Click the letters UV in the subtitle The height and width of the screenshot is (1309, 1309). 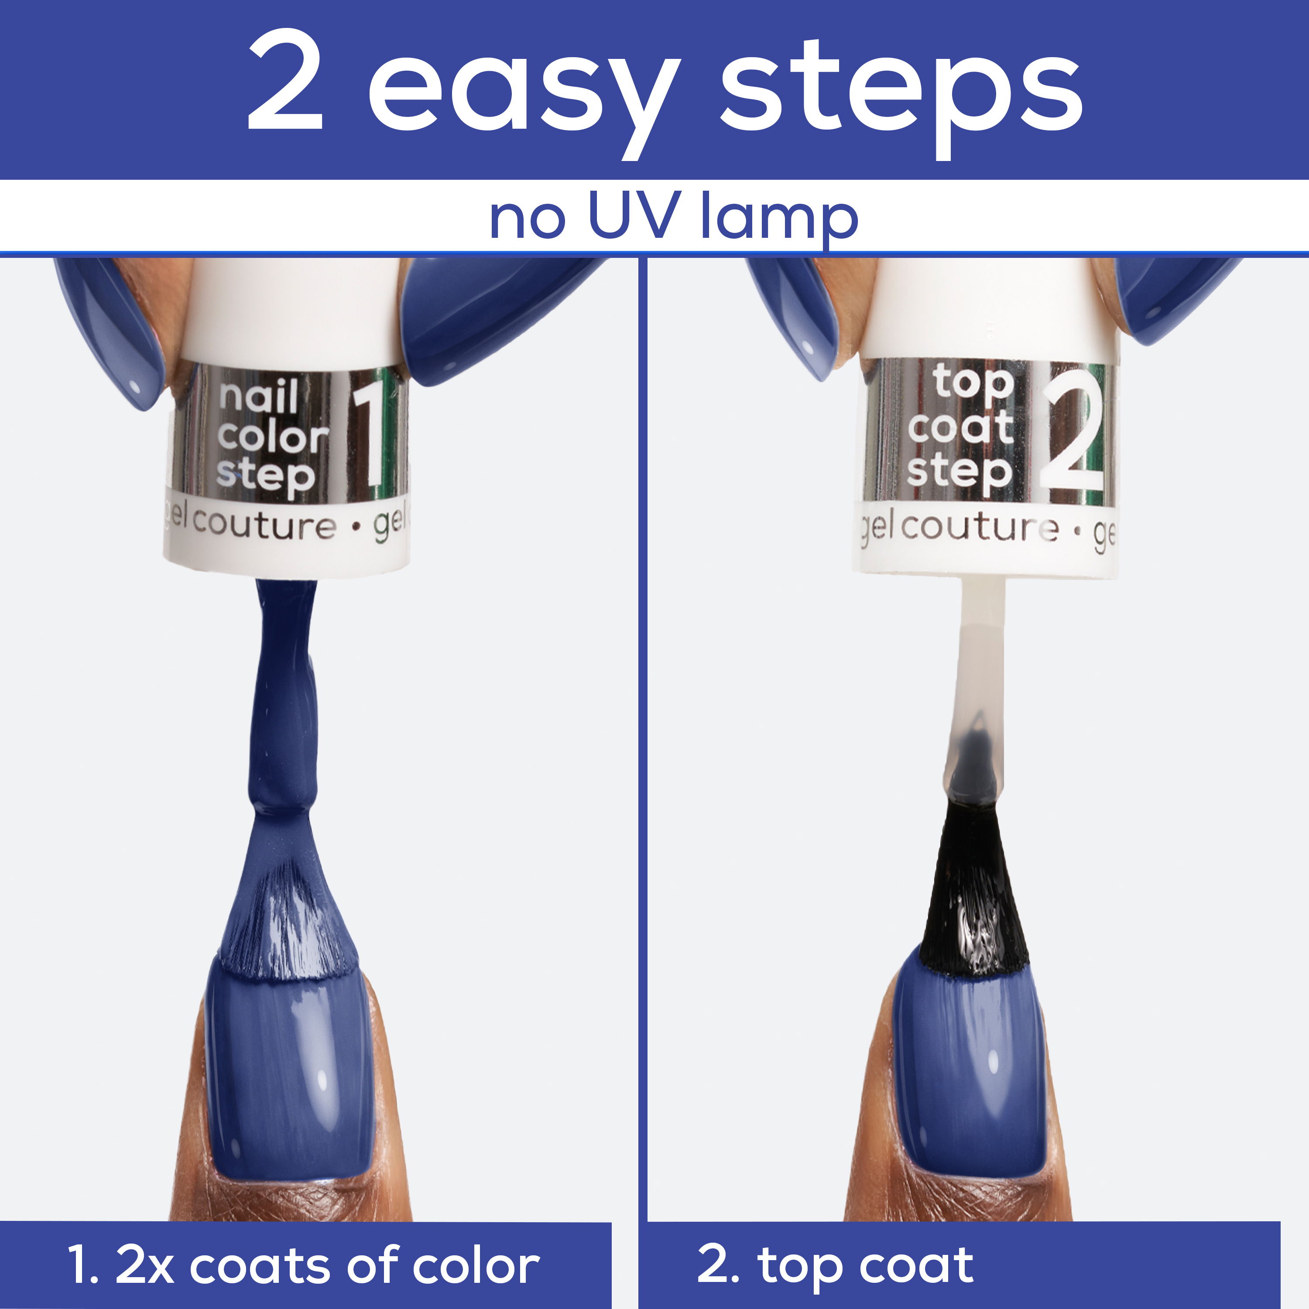point(634,216)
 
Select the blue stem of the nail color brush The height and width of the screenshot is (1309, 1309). point(284,698)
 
